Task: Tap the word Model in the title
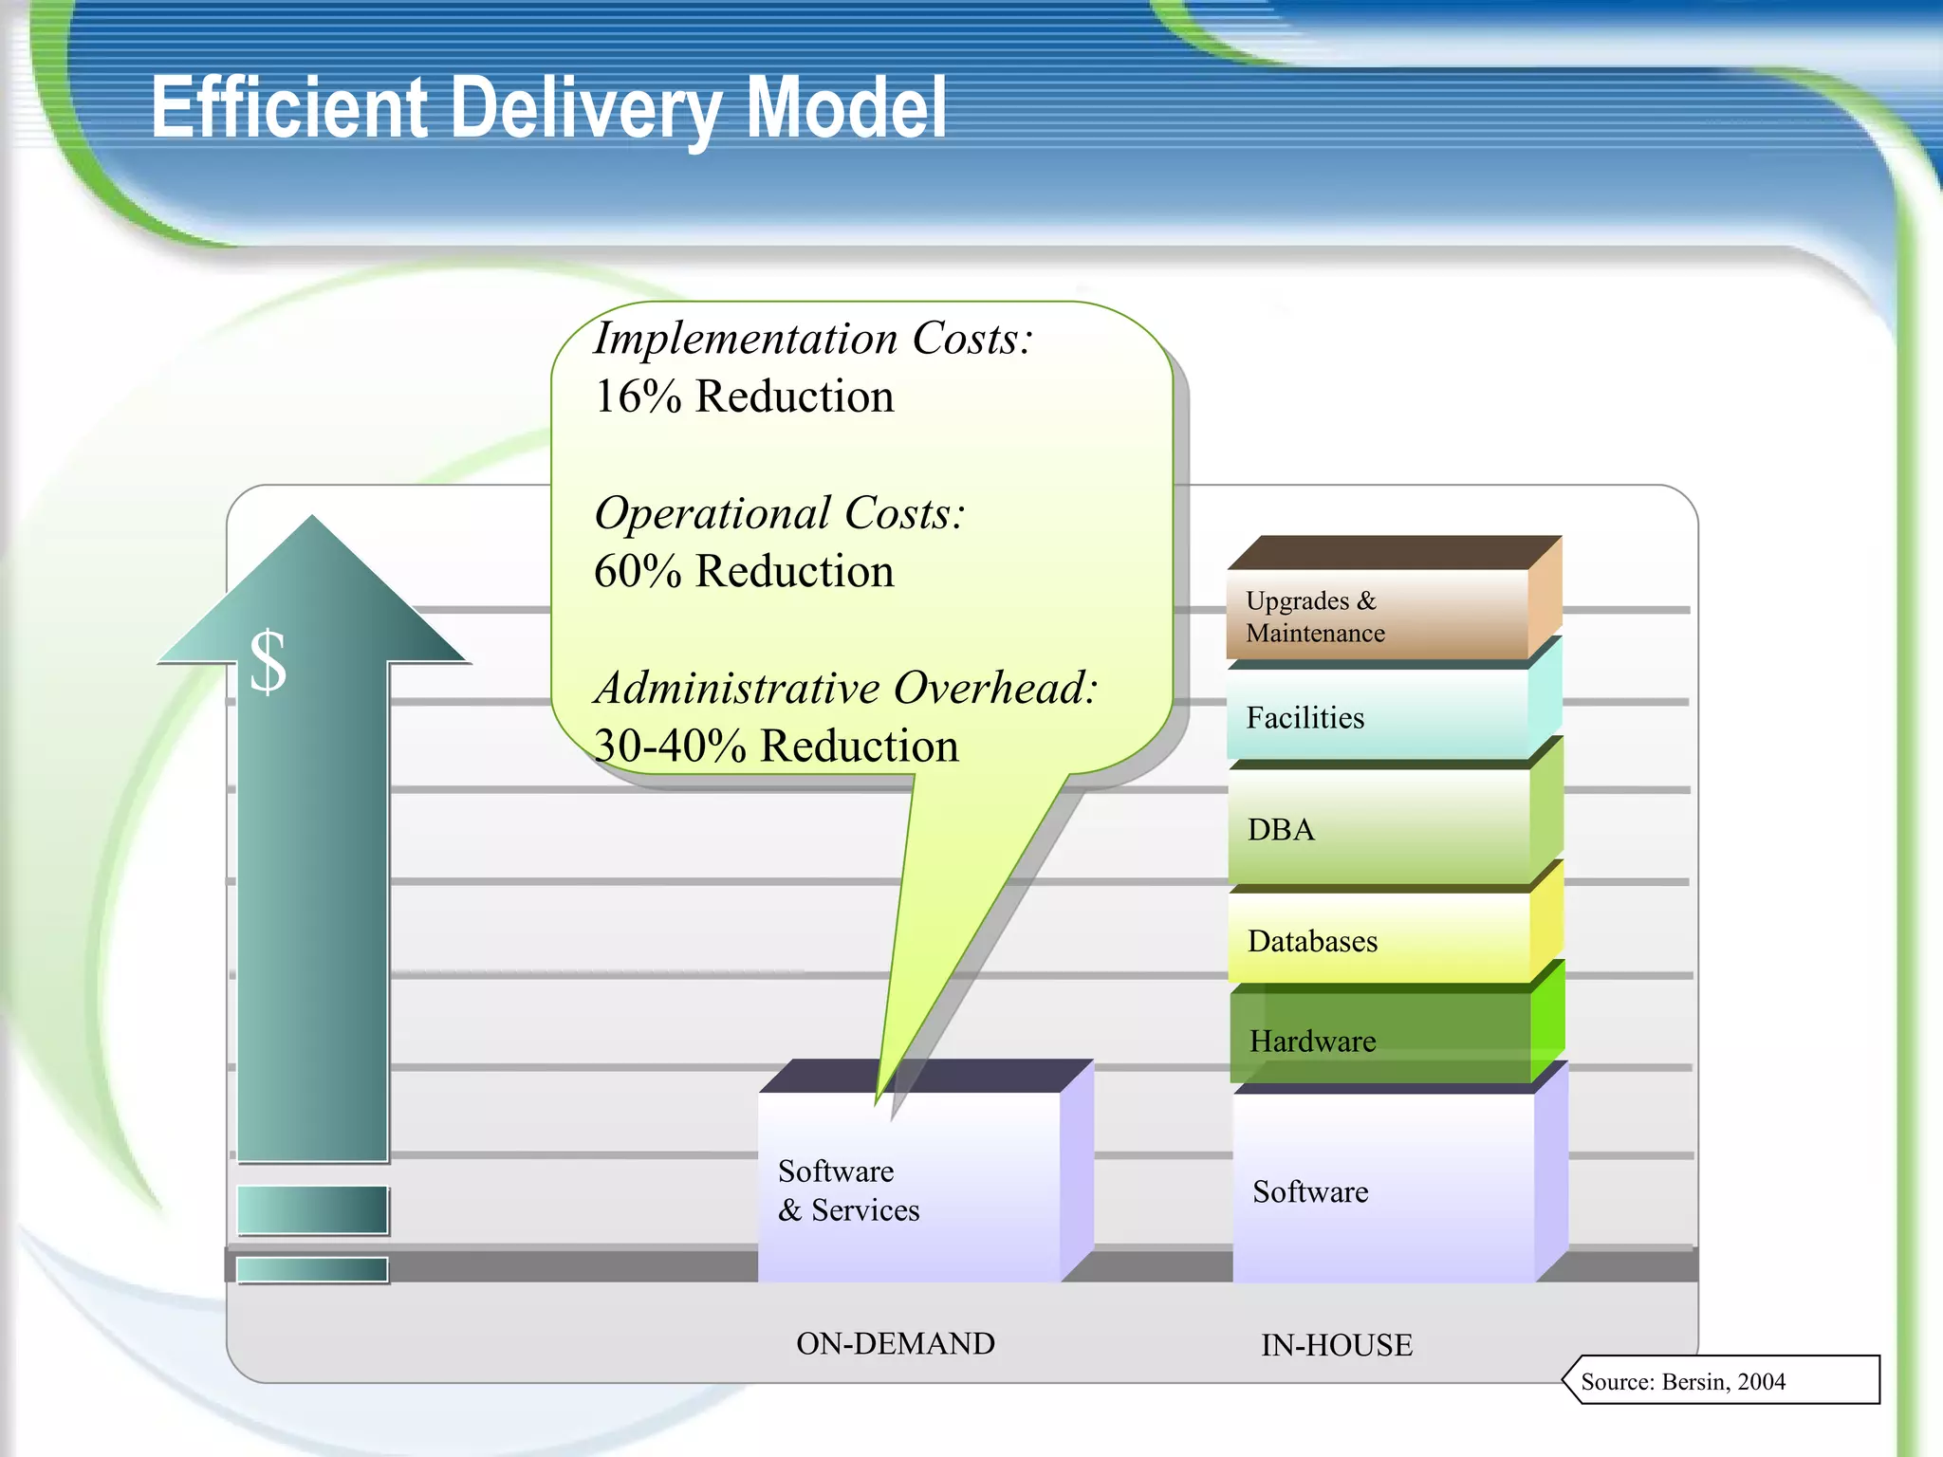(846, 109)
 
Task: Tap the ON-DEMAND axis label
(895, 1343)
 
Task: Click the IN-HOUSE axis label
(1336, 1345)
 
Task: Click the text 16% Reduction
(744, 397)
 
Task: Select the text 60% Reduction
(744, 571)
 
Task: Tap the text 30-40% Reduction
(775, 746)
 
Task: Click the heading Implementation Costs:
(812, 339)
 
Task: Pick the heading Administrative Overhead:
(844, 688)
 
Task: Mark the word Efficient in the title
(289, 109)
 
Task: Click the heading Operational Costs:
(778, 513)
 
